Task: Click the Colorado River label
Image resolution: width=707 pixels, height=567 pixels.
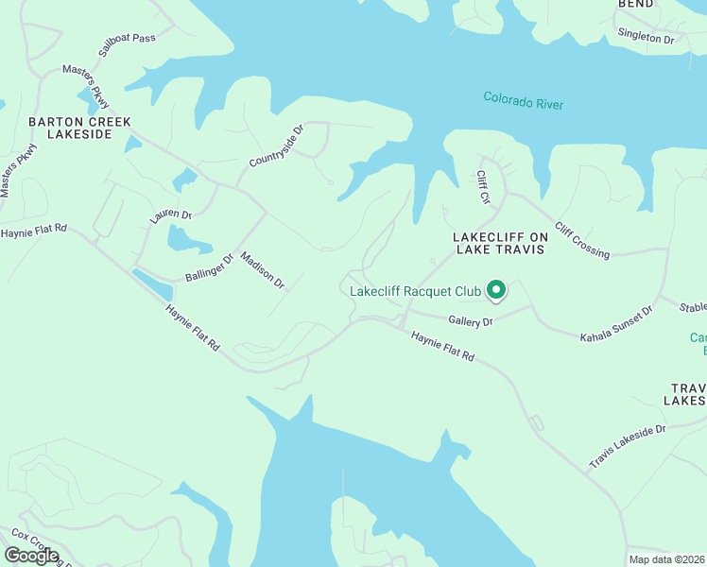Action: (x=523, y=100)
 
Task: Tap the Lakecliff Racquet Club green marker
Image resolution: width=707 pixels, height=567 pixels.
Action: (x=495, y=290)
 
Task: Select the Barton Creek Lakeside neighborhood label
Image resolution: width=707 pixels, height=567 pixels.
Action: (x=79, y=128)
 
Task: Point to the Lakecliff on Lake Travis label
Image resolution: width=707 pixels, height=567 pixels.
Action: (x=500, y=243)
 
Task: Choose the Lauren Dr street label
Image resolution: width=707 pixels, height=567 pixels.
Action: (x=170, y=216)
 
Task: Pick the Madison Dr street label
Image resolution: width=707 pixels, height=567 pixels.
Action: (x=262, y=269)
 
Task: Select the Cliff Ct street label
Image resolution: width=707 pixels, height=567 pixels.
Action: (x=483, y=187)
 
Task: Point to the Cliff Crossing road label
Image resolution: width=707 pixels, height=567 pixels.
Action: (x=582, y=240)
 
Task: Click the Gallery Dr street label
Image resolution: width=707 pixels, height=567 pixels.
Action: (x=471, y=322)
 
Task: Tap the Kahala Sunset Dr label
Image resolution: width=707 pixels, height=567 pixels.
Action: (x=616, y=323)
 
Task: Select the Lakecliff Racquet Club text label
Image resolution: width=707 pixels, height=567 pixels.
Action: (x=415, y=291)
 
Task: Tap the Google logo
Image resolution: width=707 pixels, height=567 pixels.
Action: (x=31, y=556)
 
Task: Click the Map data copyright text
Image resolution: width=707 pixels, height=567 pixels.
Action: (x=666, y=559)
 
